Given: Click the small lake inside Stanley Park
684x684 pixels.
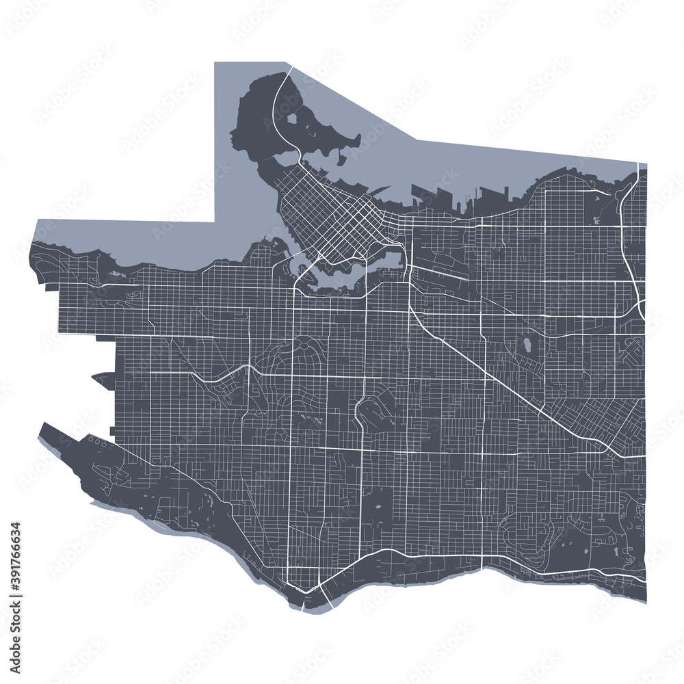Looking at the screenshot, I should pos(293,118).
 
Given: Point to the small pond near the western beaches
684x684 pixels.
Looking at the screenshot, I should pos(114,274).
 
